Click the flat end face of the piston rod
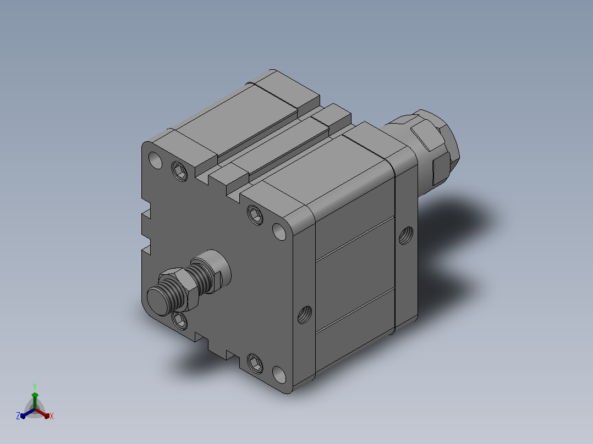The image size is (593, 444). (x=158, y=301)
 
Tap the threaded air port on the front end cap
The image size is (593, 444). (x=304, y=315)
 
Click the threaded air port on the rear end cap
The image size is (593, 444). (x=406, y=235)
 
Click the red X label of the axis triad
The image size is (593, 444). (x=52, y=416)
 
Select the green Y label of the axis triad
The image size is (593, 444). (x=35, y=386)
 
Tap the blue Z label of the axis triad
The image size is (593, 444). (x=18, y=416)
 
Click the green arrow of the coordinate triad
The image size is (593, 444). (x=35, y=401)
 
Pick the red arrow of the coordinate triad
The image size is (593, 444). (x=42, y=413)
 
